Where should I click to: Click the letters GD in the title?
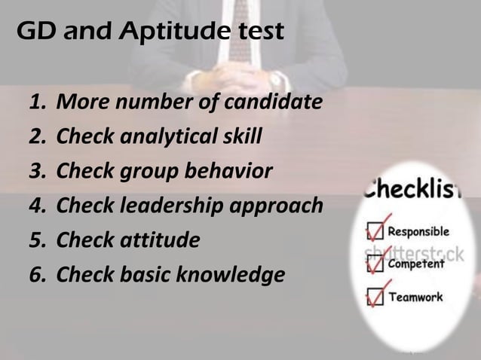34,32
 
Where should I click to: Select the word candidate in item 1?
278,102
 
